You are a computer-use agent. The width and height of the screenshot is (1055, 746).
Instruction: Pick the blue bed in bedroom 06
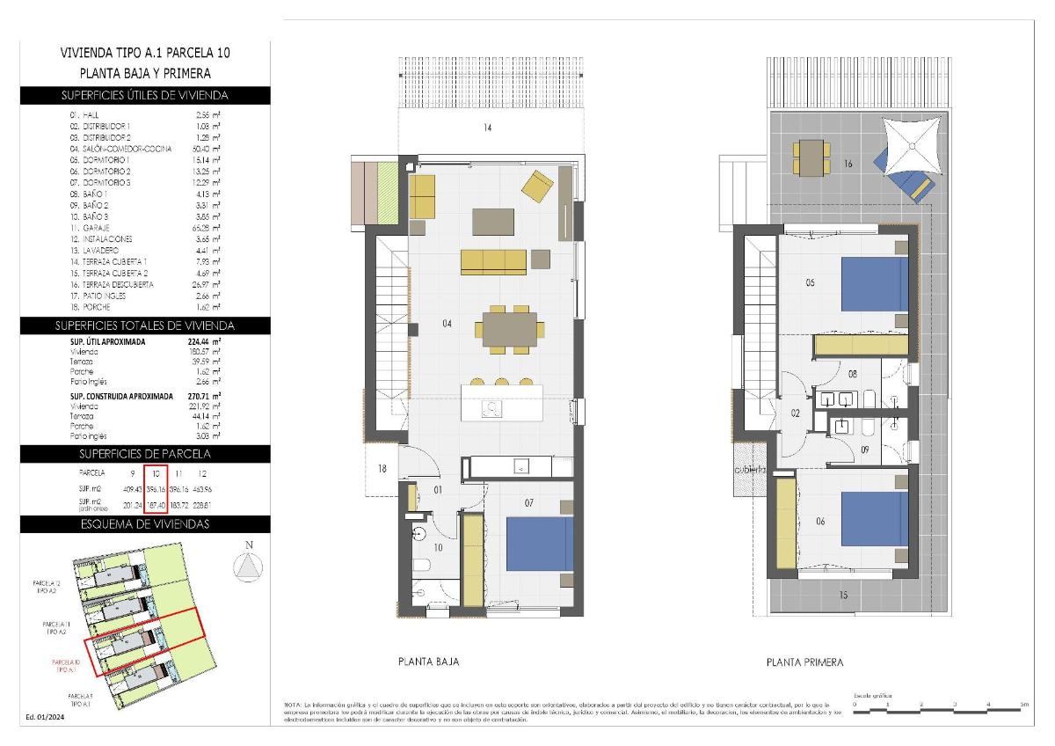pyautogui.click(x=874, y=520)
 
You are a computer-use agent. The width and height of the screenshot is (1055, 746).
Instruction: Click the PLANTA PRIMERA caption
pyautogui.click(x=804, y=662)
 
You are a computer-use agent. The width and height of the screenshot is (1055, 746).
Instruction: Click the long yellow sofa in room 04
pyautogui.click(x=493, y=260)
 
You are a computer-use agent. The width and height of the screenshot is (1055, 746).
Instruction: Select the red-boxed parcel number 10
pyautogui.click(x=154, y=474)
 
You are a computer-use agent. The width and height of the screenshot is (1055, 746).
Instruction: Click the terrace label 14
pyautogui.click(x=486, y=128)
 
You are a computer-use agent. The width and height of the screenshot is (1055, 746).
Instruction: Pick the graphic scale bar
pyautogui.click(x=938, y=704)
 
